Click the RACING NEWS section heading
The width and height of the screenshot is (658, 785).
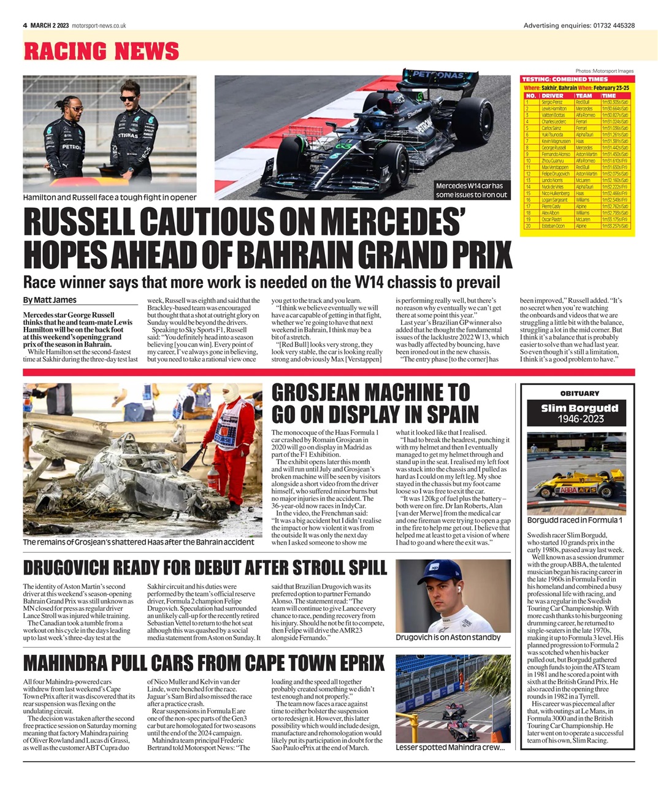coord(101,51)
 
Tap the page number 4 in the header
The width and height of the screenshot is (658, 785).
coord(25,26)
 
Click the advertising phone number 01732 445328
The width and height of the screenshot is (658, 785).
coord(613,26)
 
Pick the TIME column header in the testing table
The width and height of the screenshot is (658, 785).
coord(609,96)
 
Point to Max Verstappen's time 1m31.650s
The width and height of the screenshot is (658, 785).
coord(614,167)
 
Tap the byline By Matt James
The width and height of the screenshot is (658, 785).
coord(50,300)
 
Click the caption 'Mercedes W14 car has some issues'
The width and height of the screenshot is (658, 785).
coord(471,190)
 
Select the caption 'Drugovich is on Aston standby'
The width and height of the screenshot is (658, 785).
coord(448,637)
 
